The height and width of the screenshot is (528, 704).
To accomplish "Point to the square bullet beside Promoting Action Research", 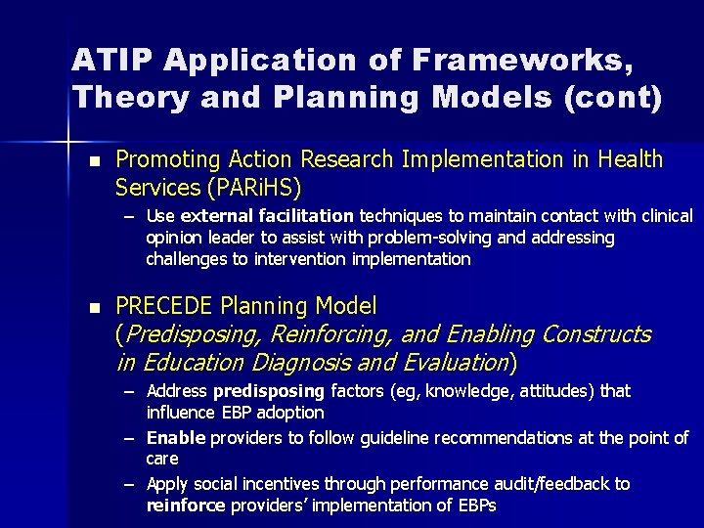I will [x=94, y=160].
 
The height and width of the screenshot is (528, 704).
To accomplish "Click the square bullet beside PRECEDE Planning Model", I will [x=94, y=307].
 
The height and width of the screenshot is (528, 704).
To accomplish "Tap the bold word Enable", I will [x=173, y=437].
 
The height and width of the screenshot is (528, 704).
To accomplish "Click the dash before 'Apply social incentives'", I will [x=131, y=484].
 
